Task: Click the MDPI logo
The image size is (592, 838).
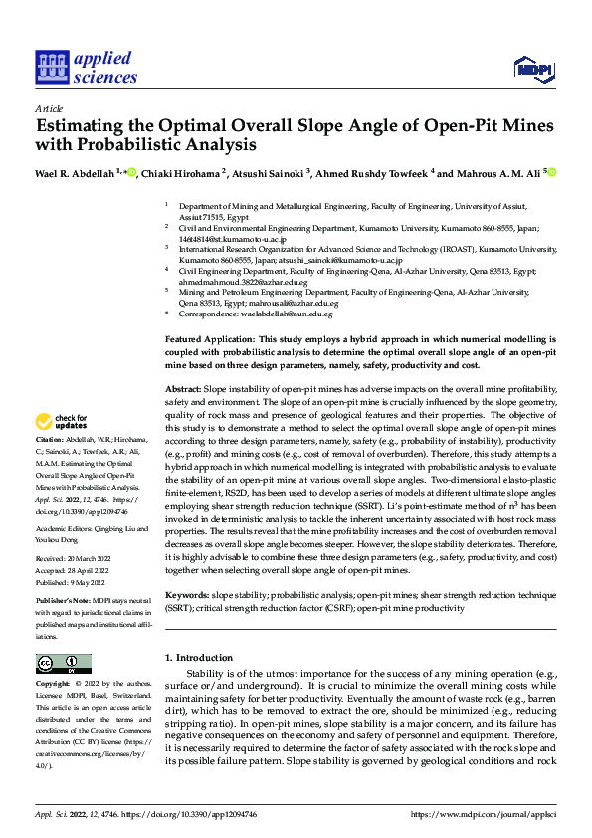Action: (532, 68)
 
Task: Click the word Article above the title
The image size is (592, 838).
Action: (49, 107)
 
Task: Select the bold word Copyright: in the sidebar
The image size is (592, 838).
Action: (54, 684)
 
